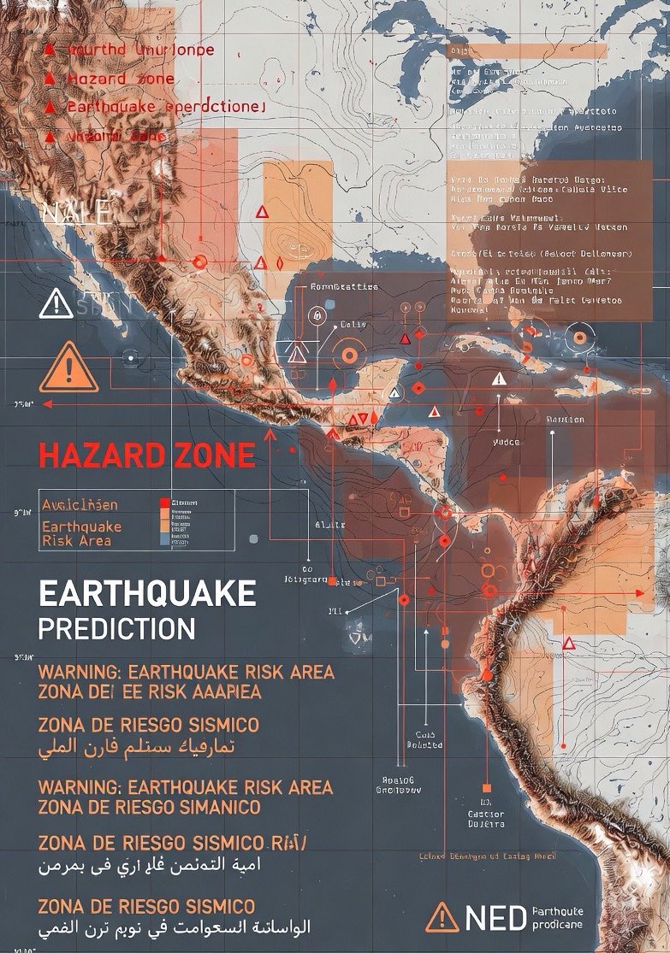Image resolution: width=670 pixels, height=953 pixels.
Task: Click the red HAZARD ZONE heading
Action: coord(146,456)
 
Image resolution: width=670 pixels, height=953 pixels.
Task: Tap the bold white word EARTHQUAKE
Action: coord(146,593)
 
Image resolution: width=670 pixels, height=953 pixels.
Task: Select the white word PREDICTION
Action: coord(116,629)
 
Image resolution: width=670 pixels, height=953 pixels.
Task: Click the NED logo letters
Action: coord(495,919)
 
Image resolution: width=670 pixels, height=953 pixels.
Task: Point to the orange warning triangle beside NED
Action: coord(442,919)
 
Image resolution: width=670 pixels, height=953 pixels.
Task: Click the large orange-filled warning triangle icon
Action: coord(68,370)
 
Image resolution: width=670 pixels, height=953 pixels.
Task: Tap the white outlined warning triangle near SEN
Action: coord(56,303)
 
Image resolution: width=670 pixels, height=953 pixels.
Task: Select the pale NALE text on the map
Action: coord(75,210)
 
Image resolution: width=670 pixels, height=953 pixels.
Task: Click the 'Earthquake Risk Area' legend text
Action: coord(82,533)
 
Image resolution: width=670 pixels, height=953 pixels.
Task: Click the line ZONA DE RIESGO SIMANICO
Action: coord(149,807)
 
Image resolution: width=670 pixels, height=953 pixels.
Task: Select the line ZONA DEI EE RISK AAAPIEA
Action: coord(149,691)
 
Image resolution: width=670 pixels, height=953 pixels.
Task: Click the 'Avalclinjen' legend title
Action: coord(80,504)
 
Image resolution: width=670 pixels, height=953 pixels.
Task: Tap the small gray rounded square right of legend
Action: coord(252,538)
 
